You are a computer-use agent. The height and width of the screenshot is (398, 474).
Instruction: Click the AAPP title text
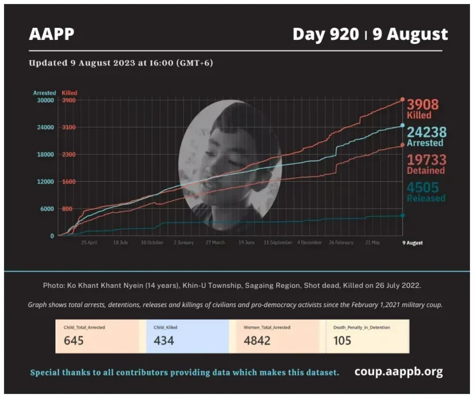pos(51,34)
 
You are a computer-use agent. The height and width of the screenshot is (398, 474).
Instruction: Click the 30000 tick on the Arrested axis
pos(45,100)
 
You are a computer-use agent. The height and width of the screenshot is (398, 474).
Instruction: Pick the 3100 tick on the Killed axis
pos(68,127)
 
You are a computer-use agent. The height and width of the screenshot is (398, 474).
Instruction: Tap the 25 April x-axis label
pos(88,243)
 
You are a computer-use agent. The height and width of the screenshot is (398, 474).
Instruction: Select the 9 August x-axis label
pos(412,243)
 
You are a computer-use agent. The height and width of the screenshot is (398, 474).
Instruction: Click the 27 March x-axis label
pos(214,243)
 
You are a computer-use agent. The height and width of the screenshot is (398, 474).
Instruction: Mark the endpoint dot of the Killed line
pos(402,100)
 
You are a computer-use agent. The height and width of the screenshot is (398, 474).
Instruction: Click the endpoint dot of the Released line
pos(402,216)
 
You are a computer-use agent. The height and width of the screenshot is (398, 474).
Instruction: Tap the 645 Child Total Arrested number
pos(74,341)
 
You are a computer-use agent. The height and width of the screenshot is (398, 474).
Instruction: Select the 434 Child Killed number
pos(164,341)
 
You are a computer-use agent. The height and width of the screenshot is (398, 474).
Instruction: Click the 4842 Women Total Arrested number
pos(257,341)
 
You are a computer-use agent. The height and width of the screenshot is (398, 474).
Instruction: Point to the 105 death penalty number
pos(342,341)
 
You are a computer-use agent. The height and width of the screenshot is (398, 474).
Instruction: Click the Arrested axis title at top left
pos(45,93)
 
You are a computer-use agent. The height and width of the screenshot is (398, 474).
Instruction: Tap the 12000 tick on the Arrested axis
pos(45,182)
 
